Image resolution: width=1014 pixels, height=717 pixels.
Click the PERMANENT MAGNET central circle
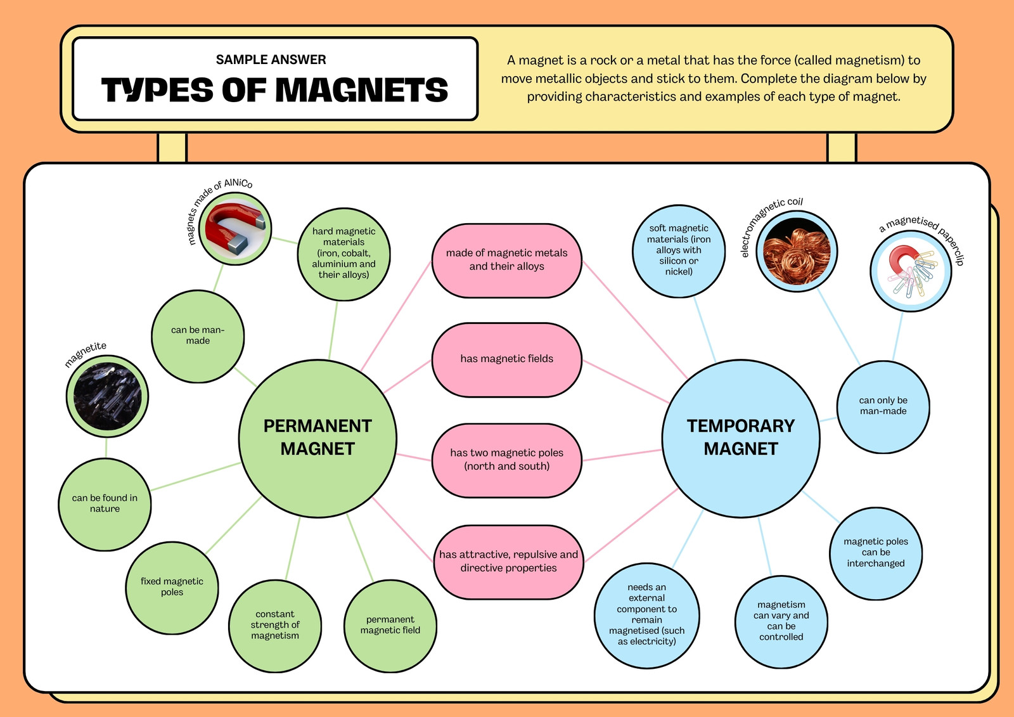318,439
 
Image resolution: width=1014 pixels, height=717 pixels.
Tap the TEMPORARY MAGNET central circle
741,439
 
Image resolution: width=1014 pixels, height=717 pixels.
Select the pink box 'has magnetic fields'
506,360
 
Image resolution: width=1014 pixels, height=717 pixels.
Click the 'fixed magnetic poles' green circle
172,588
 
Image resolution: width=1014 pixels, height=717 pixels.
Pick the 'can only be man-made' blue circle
883,406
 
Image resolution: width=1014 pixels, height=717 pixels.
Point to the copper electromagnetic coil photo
797,252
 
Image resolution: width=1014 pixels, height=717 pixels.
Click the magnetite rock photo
107,396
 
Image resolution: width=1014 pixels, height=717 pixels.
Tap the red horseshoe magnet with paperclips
911,271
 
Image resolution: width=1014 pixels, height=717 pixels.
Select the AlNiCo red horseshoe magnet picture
235,229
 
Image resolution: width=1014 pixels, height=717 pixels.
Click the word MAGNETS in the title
362,89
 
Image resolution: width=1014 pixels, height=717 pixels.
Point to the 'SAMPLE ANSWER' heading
271,60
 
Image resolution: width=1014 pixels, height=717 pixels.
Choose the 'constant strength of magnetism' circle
275,626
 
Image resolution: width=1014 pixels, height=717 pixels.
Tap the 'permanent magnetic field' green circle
390,626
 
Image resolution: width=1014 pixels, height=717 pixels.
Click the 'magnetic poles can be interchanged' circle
876,553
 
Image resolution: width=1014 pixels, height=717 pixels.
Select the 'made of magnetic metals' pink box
506,261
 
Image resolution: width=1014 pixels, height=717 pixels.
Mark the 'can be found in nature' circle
105,504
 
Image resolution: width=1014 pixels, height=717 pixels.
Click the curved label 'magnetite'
85,354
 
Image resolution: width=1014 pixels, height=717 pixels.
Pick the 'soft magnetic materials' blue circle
679,250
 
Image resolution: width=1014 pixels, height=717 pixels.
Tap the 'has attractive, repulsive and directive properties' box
508,562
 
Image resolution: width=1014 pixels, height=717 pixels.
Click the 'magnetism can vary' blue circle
781,621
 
